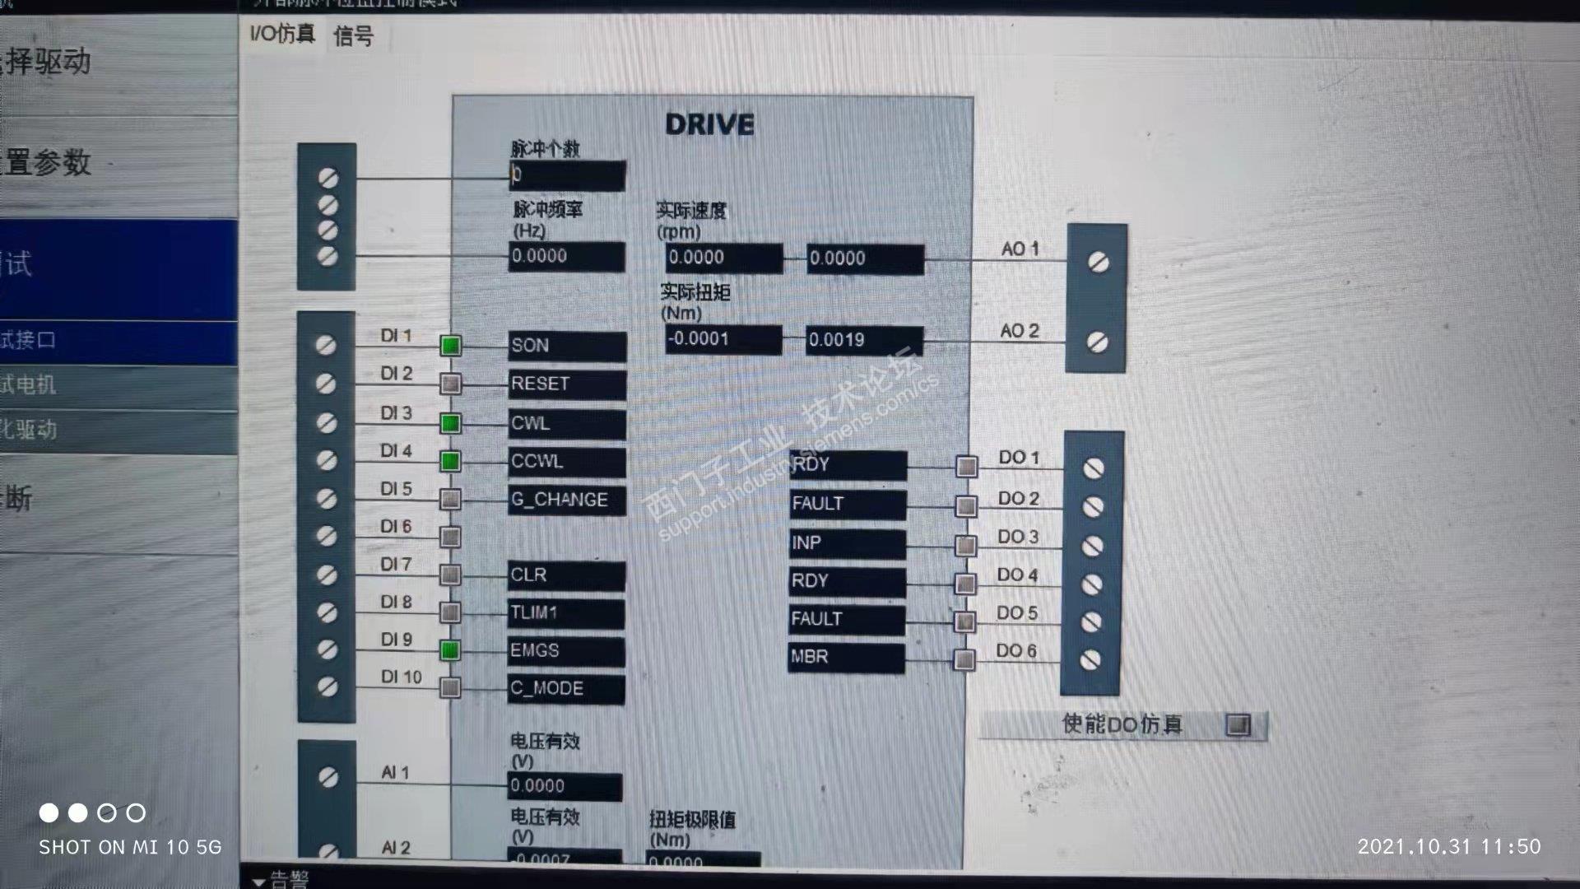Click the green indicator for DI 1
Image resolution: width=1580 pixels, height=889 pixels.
click(x=450, y=346)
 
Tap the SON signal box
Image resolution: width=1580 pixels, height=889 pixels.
click(x=566, y=347)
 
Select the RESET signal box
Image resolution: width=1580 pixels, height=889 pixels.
click(x=566, y=384)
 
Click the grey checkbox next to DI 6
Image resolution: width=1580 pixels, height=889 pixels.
click(x=450, y=538)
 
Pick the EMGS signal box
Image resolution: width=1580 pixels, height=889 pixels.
click(x=566, y=651)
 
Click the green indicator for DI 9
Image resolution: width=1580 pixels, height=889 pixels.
click(x=449, y=650)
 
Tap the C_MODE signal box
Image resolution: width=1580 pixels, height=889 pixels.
click(x=566, y=689)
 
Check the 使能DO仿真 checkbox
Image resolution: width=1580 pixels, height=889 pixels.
click(x=1238, y=724)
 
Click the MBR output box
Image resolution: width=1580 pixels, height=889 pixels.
click(x=846, y=657)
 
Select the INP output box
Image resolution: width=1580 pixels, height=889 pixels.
click(x=847, y=543)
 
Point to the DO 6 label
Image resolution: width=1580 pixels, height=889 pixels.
click(x=1016, y=651)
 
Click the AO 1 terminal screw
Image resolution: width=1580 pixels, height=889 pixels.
click(x=1098, y=263)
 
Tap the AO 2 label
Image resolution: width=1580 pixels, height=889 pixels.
click(x=1020, y=331)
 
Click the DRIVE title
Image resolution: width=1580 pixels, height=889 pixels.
click(x=709, y=125)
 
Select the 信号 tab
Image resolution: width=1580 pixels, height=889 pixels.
click(x=353, y=35)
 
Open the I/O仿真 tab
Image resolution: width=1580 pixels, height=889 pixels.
click(x=282, y=34)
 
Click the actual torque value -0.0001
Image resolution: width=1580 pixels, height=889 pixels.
click(x=723, y=339)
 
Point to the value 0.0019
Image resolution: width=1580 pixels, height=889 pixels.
click(x=864, y=340)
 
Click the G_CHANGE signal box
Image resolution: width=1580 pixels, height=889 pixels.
click(x=566, y=500)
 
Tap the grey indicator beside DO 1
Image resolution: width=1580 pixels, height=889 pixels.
click(x=967, y=467)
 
